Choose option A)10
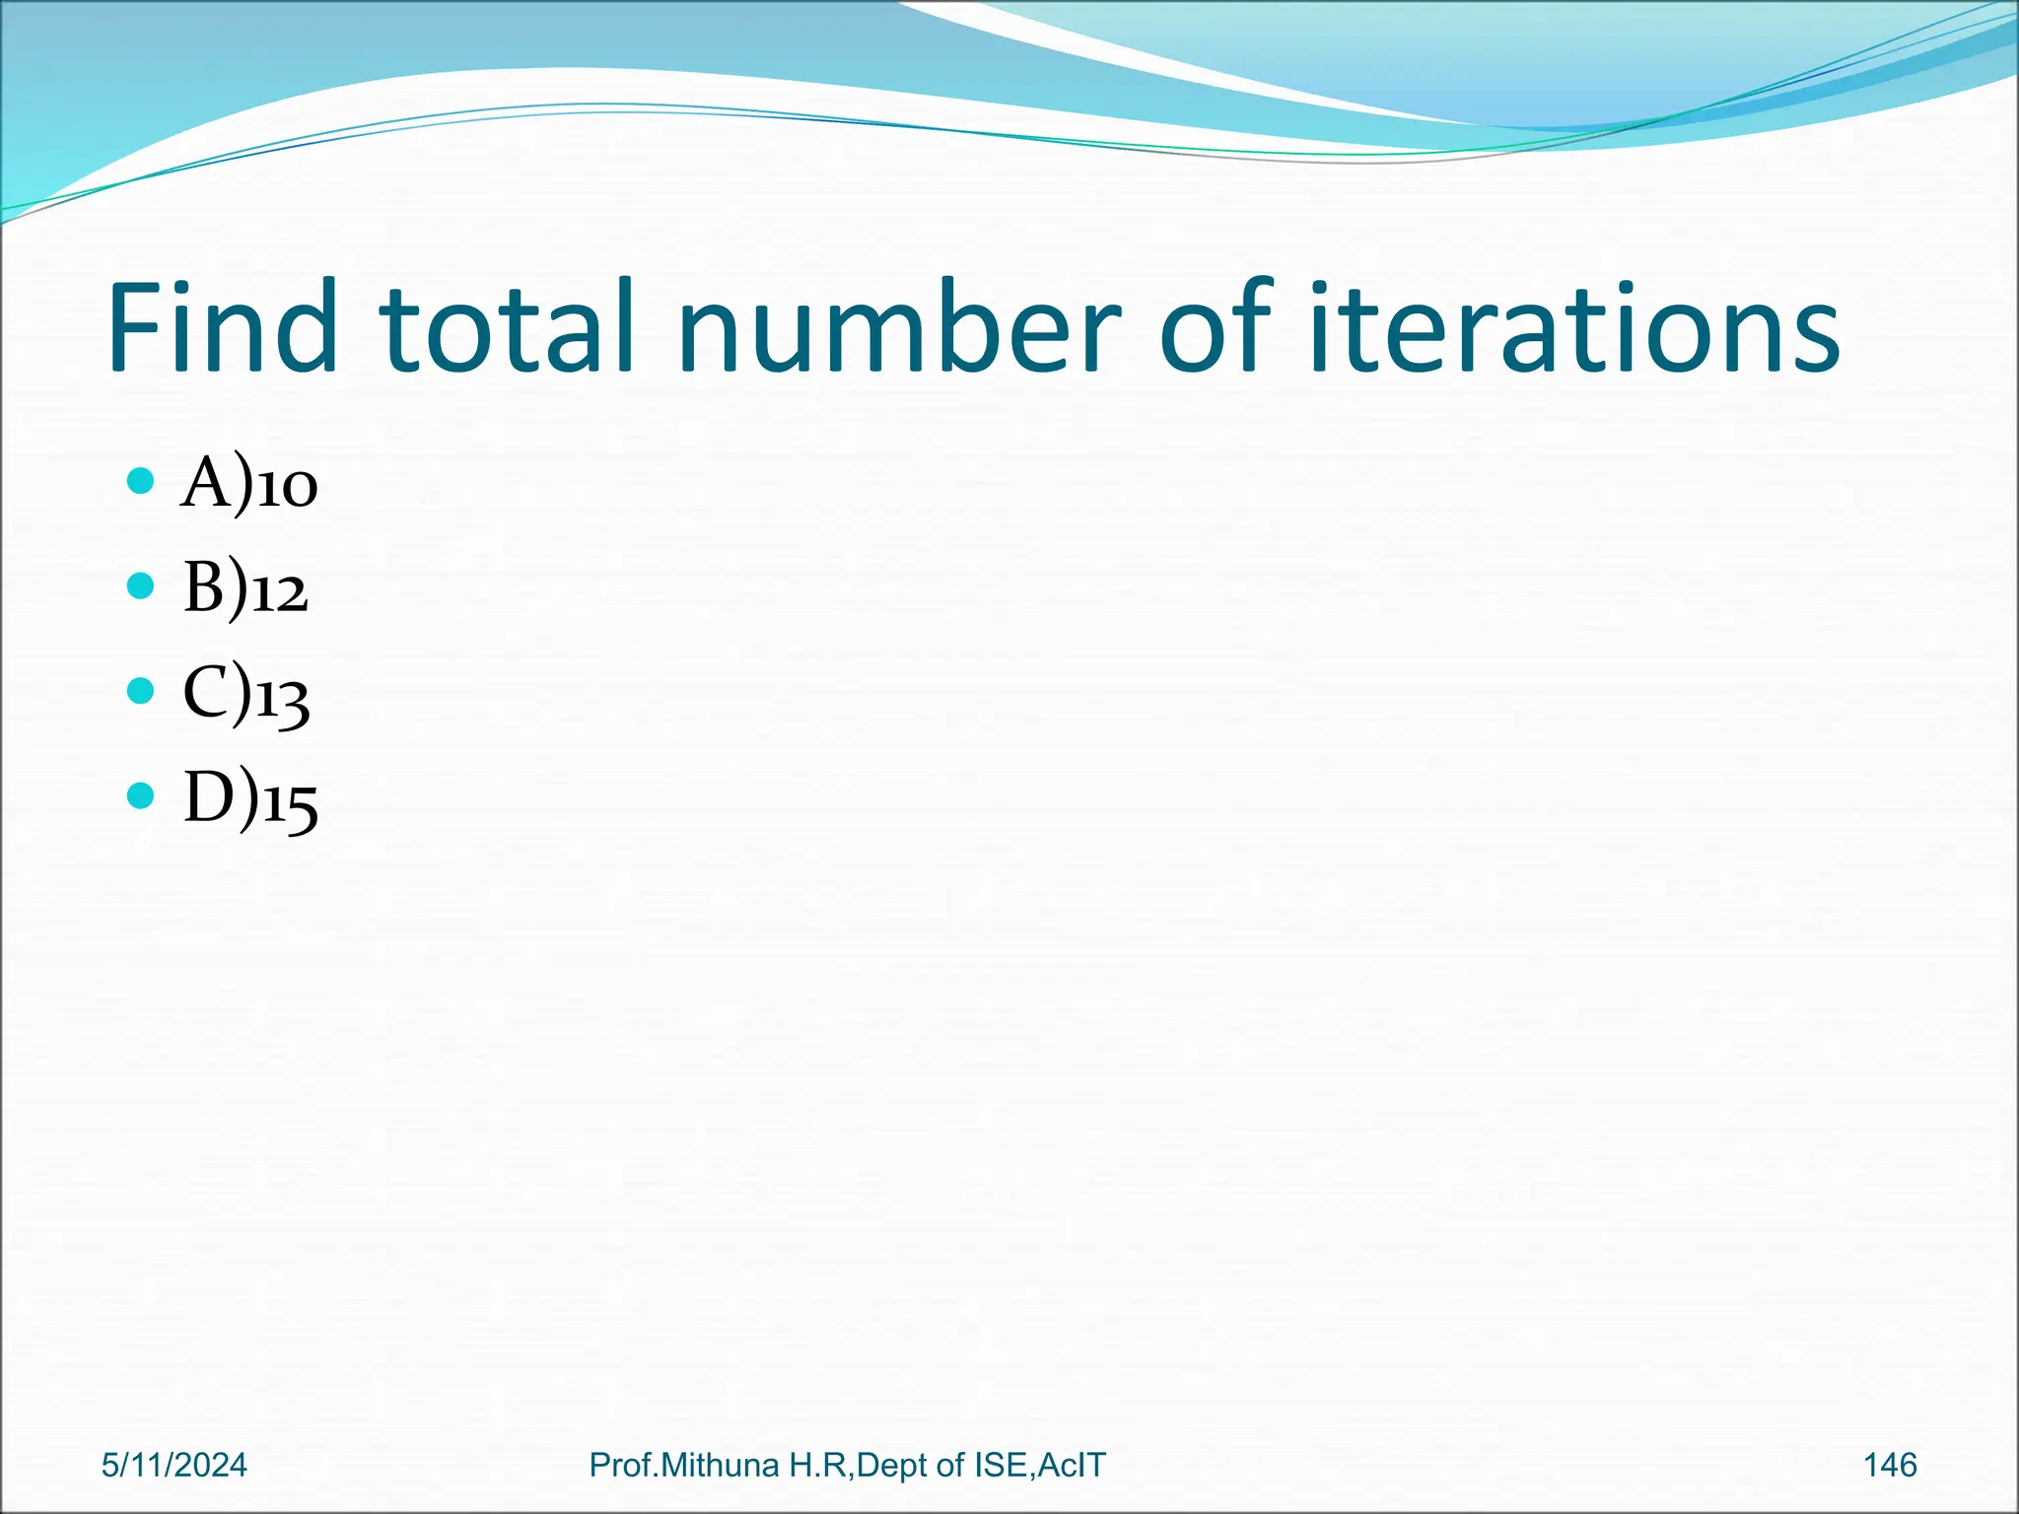point(249,485)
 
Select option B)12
point(245,590)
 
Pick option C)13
point(246,695)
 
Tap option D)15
point(250,799)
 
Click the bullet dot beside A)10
point(141,482)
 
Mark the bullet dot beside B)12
point(141,586)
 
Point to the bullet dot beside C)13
point(141,691)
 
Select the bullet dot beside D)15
point(141,795)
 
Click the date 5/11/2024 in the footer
point(174,1465)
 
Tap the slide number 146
point(1890,1465)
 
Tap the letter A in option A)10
point(205,483)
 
